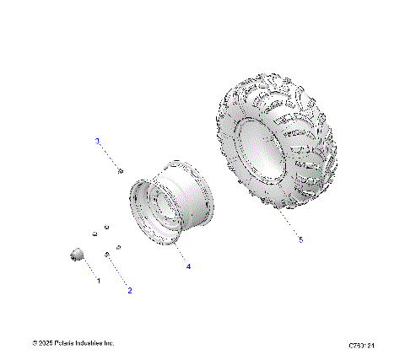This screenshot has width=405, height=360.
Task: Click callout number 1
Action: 98,279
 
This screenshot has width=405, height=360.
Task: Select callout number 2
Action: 130,291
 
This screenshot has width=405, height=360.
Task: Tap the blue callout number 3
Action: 97,141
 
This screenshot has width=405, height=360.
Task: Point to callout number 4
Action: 188,266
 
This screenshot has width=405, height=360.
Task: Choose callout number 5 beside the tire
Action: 300,239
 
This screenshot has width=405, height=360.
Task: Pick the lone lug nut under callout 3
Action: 121,171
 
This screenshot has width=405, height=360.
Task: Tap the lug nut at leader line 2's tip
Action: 108,255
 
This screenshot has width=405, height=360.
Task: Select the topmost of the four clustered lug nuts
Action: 106,227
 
